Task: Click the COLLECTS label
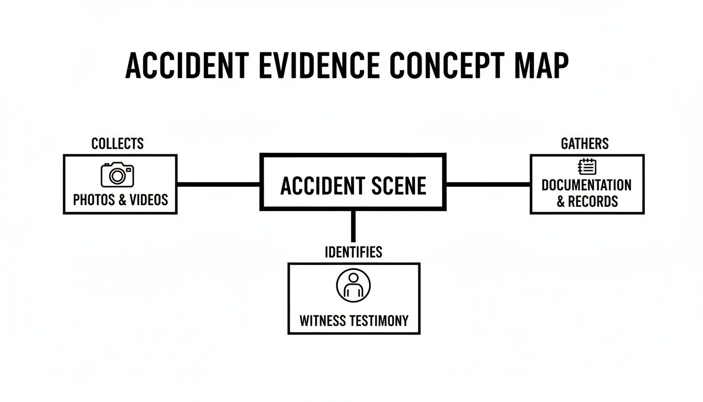coord(117,143)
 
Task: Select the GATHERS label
coord(584,143)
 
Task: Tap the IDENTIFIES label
coord(353,252)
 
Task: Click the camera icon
coord(117,174)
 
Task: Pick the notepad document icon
coord(586,167)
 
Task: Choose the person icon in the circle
coord(353,285)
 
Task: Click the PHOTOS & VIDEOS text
coord(120,199)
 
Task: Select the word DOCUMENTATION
coord(586,185)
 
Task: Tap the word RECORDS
coord(593,201)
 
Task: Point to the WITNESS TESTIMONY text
coord(354,320)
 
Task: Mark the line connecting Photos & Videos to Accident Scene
coord(218,184)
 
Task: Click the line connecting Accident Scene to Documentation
coord(487,184)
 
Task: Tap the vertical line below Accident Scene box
coord(353,226)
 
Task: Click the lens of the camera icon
coord(118,176)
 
